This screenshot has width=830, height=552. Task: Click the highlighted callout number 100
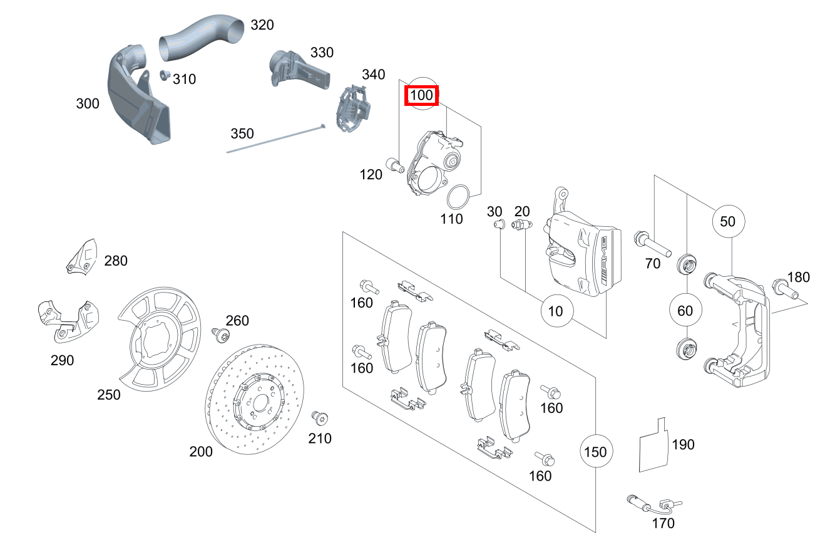pos(421,96)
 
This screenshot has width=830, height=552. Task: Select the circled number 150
pos(595,451)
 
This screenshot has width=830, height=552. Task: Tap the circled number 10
pos(555,310)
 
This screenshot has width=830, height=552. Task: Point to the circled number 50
pos(727,221)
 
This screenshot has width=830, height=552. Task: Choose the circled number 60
pos(685,310)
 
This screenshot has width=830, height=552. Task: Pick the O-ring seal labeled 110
pos(458,197)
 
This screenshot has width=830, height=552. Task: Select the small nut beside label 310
pos(165,76)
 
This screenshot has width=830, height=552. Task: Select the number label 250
pos(109,395)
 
